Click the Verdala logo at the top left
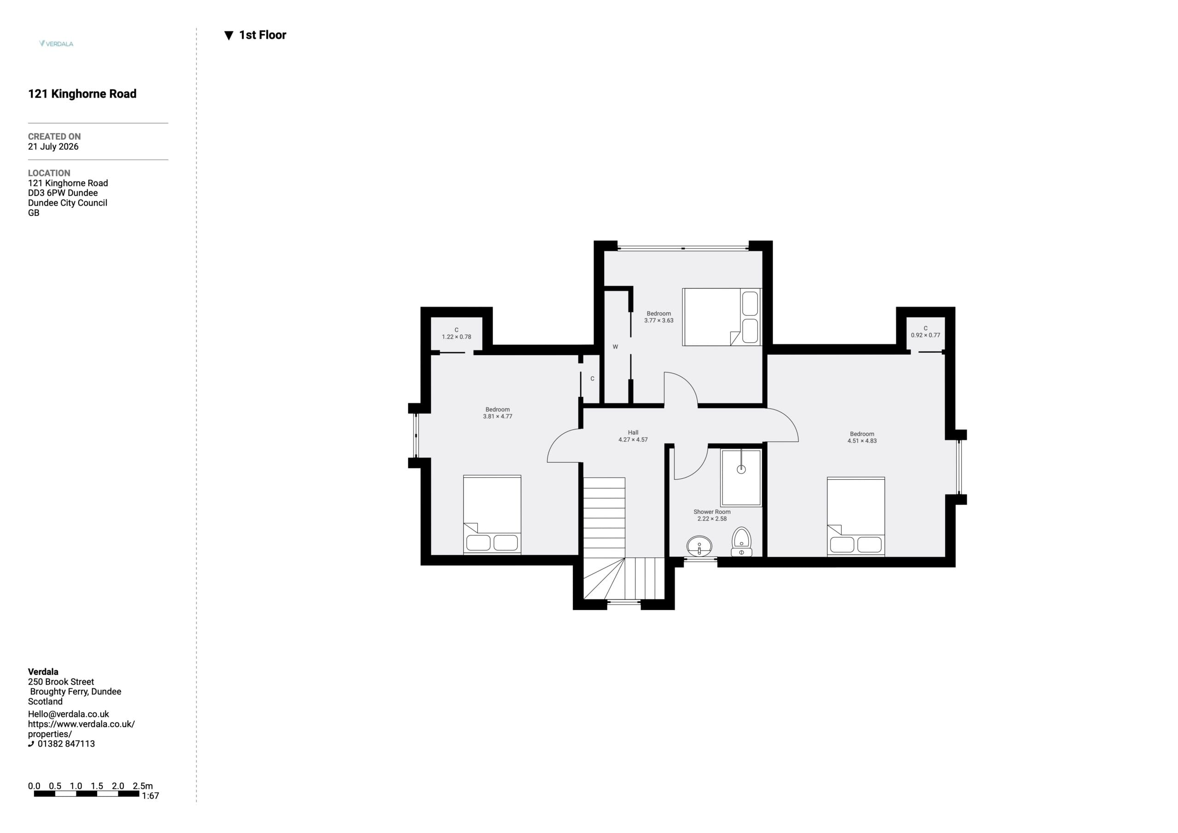[x=57, y=44]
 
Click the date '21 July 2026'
[x=53, y=147]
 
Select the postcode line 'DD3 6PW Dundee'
[x=63, y=193]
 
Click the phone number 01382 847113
[x=66, y=744]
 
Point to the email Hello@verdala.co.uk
[x=68, y=714]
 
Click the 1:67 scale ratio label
[x=150, y=796]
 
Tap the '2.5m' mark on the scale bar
[x=143, y=786]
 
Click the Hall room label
[x=633, y=432]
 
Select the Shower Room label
[x=712, y=511]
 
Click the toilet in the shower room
[x=741, y=542]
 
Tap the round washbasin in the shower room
[x=699, y=546]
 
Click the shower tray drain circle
[x=741, y=469]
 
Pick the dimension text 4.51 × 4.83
[x=862, y=441]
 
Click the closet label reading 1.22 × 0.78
[x=456, y=337]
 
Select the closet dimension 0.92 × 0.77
[x=925, y=335]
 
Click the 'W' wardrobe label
[x=615, y=347]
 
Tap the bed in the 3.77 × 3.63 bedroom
[x=722, y=317]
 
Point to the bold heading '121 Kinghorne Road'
[x=82, y=94]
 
